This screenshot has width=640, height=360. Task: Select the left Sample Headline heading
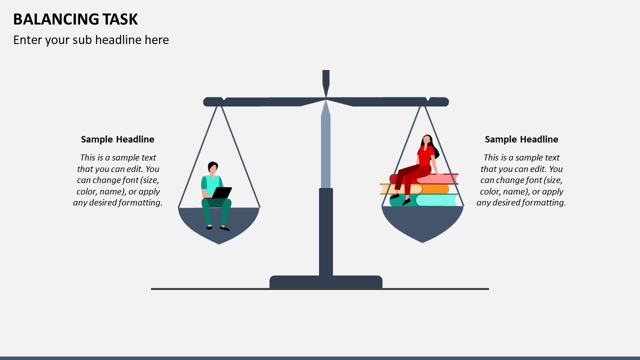click(117, 139)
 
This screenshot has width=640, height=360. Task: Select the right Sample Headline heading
click(521, 139)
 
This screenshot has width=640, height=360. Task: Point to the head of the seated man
click(213, 168)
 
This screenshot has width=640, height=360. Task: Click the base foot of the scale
click(326, 282)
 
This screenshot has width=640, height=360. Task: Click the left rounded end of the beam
click(207, 102)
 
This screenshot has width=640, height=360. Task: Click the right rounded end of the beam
click(444, 102)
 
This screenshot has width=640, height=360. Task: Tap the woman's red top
click(425, 156)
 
